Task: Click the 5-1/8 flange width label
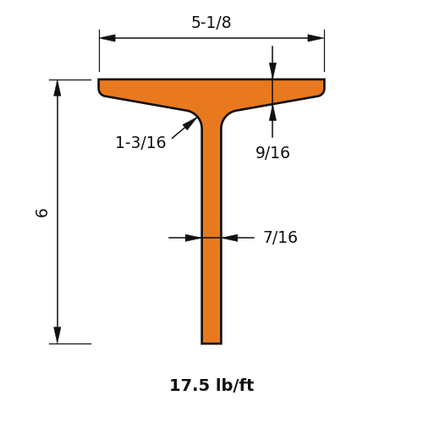(x=211, y=22)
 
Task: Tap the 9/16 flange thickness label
(x=272, y=152)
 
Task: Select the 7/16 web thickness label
(x=280, y=237)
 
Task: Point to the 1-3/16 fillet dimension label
(x=140, y=142)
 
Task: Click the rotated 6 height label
(x=41, y=213)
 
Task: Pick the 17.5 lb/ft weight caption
(x=211, y=385)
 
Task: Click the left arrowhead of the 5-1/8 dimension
(x=107, y=38)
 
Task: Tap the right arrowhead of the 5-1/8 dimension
(x=316, y=38)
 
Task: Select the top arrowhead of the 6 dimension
(x=58, y=88)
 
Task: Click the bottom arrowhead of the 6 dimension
(x=58, y=335)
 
